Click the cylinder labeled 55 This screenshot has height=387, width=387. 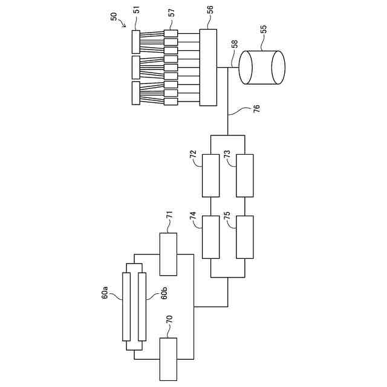261,67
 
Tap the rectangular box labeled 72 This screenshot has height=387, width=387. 210,175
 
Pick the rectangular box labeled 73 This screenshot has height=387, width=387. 244,175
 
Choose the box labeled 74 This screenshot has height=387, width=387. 210,238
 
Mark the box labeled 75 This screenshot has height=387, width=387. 244,238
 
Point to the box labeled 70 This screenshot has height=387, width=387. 168,359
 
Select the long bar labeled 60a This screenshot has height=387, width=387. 126,307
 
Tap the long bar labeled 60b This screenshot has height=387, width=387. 142,307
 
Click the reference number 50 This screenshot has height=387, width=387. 115,16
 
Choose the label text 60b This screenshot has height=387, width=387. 163,295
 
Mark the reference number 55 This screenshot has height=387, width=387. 263,29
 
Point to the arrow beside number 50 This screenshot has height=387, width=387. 125,25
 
